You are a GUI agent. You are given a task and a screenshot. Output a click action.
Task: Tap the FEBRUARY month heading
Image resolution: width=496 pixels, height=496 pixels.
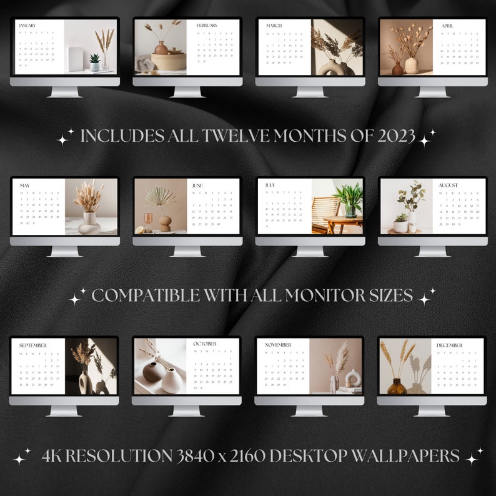click(207, 26)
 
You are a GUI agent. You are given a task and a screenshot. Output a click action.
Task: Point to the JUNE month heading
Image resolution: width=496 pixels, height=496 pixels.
click(197, 186)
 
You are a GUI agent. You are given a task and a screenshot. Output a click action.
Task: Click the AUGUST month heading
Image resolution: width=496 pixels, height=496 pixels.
click(448, 185)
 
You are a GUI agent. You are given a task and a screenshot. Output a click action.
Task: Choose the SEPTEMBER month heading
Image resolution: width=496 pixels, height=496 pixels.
click(32, 345)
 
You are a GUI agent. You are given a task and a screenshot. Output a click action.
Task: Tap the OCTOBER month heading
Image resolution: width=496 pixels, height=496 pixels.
click(204, 344)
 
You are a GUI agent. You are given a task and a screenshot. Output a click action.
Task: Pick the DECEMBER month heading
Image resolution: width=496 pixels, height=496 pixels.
click(449, 345)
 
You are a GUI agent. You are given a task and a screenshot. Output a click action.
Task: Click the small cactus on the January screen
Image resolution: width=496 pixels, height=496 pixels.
click(94, 61)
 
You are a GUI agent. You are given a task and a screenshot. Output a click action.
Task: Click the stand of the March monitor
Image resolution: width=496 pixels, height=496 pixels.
click(310, 91)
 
